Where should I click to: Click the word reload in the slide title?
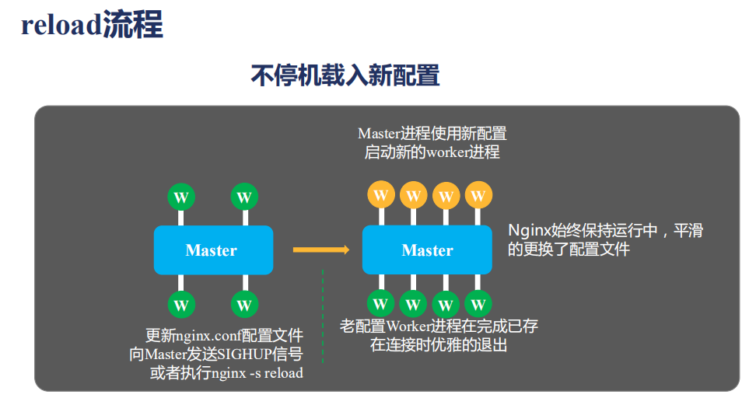tap(61, 25)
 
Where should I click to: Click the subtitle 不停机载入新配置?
tap(345, 75)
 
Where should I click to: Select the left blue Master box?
tap(212, 250)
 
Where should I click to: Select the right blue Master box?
tap(427, 250)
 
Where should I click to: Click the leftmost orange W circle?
tap(380, 194)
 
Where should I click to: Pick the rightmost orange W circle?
tap(478, 194)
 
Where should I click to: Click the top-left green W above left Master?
tap(180, 197)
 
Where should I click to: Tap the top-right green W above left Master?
tap(243, 197)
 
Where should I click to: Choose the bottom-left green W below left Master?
tap(180, 303)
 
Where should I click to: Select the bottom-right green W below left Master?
tap(243, 303)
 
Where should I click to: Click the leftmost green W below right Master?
tap(380, 303)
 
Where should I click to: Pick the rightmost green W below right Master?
tap(478, 303)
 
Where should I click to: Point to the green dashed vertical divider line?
tap(323, 319)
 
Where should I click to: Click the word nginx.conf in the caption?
tap(208, 337)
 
